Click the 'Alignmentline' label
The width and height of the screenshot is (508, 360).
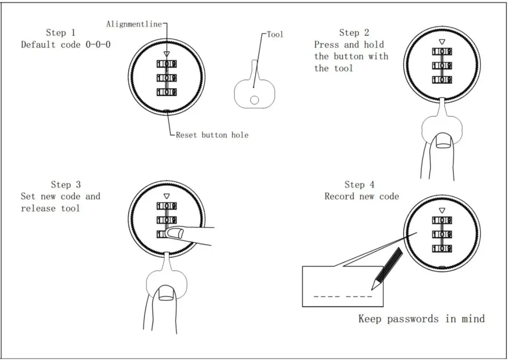tap(133, 24)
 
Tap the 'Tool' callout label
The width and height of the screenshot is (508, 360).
tap(275, 34)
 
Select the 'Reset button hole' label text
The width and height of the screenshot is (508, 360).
tap(212, 135)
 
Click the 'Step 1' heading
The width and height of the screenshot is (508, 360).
tap(60, 33)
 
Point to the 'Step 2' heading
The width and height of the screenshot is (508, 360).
tap(354, 33)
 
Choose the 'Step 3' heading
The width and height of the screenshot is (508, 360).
tap(66, 184)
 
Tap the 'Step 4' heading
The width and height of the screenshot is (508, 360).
tap(359, 184)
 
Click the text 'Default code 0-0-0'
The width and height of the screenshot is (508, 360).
tap(66, 45)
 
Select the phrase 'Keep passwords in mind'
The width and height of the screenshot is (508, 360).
tap(422, 318)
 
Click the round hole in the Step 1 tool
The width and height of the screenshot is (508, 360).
tap(254, 100)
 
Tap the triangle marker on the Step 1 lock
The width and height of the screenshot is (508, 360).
tap(166, 54)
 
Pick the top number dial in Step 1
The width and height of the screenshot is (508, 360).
tap(167, 64)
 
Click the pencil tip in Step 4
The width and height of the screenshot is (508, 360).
tap(373, 287)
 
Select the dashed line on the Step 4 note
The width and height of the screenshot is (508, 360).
tap(343, 296)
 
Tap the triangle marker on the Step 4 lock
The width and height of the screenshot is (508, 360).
tap(442, 211)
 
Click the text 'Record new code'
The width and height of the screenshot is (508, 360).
tap(362, 196)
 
